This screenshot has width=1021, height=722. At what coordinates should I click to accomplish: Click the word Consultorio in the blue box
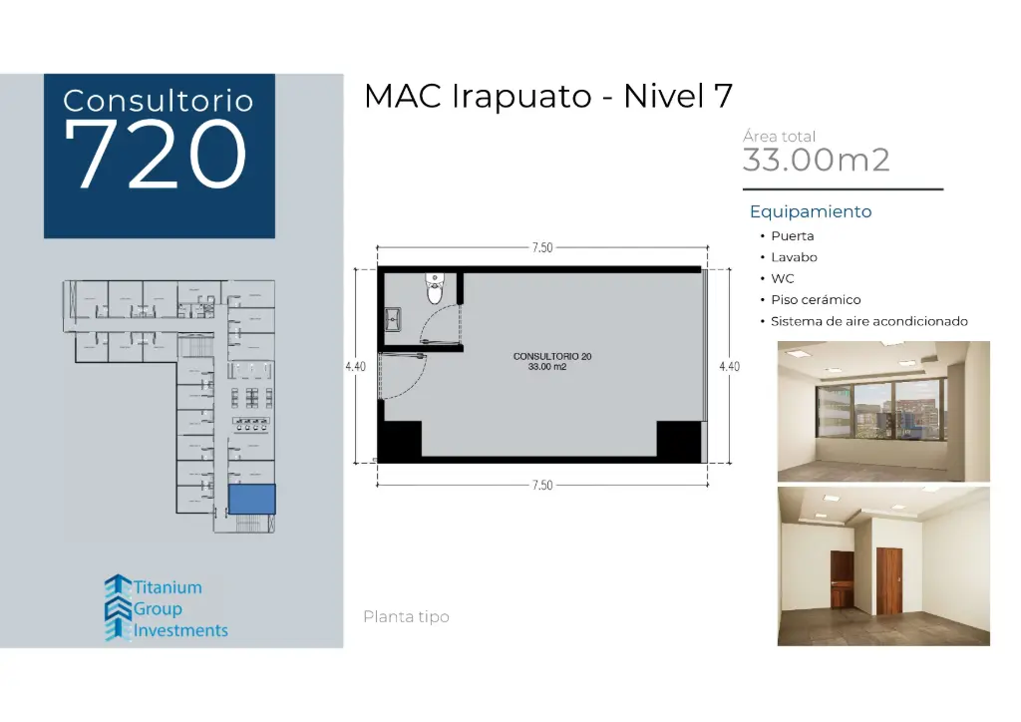pyautogui.click(x=158, y=100)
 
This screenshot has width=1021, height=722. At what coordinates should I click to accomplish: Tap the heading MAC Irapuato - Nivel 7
pyautogui.click(x=548, y=97)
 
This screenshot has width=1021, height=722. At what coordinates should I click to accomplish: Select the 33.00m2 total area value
pyautogui.click(x=816, y=160)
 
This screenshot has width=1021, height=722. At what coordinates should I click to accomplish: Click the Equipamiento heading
pyautogui.click(x=811, y=211)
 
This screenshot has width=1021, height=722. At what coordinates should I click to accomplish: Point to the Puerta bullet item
pyautogui.click(x=792, y=236)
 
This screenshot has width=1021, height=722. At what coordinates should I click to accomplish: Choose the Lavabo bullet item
pyautogui.click(x=794, y=257)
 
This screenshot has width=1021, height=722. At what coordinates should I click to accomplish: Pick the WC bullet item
pyautogui.click(x=782, y=279)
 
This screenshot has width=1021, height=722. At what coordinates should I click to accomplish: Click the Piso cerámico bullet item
pyautogui.click(x=815, y=300)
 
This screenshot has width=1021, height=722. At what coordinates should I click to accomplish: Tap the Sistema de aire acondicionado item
pyautogui.click(x=868, y=321)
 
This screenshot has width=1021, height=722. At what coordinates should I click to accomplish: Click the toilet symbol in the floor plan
pyautogui.click(x=435, y=288)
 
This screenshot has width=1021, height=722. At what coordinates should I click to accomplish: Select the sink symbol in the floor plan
pyautogui.click(x=394, y=319)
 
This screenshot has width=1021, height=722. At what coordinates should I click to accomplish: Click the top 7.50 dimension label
pyautogui.click(x=541, y=248)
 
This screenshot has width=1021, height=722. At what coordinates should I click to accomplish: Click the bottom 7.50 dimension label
pyautogui.click(x=541, y=486)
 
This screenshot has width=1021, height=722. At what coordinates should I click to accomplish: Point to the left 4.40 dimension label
pyautogui.click(x=355, y=367)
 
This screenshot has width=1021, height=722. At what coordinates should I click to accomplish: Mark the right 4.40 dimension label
pyautogui.click(x=729, y=367)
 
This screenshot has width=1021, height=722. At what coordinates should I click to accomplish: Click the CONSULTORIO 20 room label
pyautogui.click(x=544, y=356)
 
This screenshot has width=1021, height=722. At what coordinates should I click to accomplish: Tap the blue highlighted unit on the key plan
pyautogui.click(x=251, y=499)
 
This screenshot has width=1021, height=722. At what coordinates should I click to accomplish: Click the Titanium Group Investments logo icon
pyautogui.click(x=118, y=607)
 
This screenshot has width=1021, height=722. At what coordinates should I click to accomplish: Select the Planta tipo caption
pyautogui.click(x=406, y=617)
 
